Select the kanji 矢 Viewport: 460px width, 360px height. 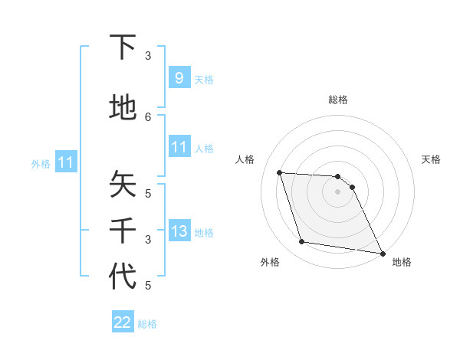[x=123, y=185]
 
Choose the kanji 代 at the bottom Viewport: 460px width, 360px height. [x=123, y=277]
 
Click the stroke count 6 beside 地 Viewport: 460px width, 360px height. [x=148, y=116]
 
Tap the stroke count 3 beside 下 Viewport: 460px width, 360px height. [x=148, y=56]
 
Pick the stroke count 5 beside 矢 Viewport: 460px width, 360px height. [x=148, y=193]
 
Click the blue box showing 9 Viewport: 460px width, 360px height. [x=179, y=77]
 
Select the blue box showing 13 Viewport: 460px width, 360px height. [x=179, y=231]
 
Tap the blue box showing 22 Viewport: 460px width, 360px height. [x=123, y=322]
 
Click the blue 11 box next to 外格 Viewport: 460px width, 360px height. [x=65, y=162]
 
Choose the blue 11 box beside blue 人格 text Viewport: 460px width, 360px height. [x=179, y=147]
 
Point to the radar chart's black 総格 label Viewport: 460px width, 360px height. [x=338, y=100]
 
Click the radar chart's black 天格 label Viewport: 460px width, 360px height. [x=431, y=159]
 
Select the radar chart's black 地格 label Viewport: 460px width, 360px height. [x=402, y=263]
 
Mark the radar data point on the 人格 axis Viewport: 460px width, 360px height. [x=280, y=173]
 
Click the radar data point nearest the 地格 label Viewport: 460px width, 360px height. [x=382, y=253]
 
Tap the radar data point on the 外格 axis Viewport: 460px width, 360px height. [x=302, y=242]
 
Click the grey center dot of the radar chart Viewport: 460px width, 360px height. [x=338, y=191]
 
